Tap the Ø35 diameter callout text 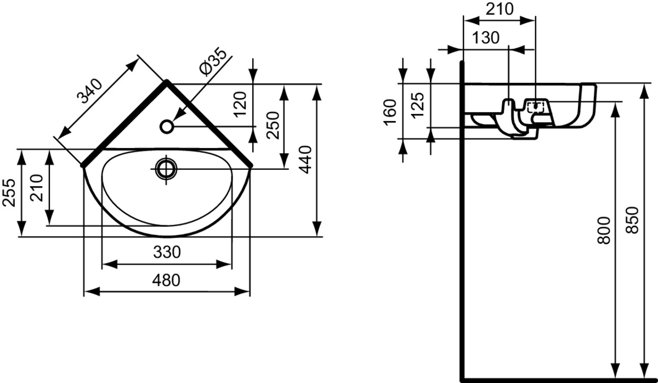tap(213, 61)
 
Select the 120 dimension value tap(240, 105)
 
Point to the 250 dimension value tap(273, 125)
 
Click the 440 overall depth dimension tap(305, 160)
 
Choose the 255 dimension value tap(9, 192)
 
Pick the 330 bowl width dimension tap(167, 252)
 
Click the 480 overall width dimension tap(166, 281)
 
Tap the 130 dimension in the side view tap(486, 38)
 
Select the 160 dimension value tap(390, 112)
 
